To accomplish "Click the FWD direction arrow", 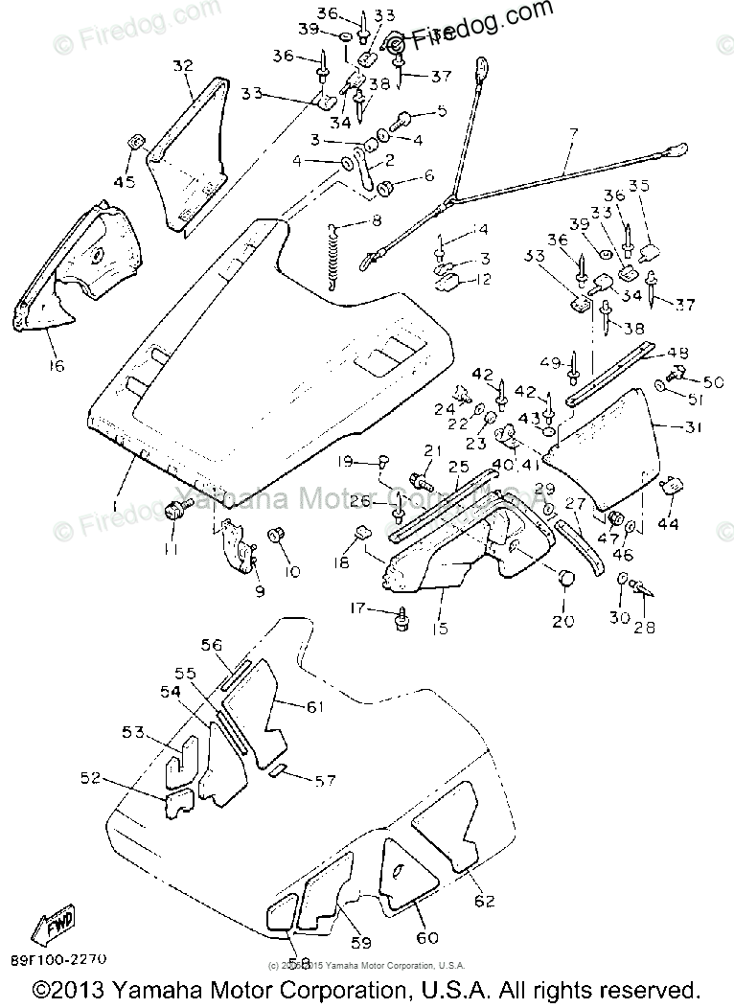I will pyautogui.click(x=58, y=924).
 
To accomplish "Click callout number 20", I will pyautogui.click(x=562, y=621).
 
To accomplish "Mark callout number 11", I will pyautogui.click(x=171, y=547).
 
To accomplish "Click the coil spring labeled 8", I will pyautogui.click(x=333, y=256).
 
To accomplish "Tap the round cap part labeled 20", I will pyautogui.click(x=563, y=579).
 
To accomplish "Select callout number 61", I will pyautogui.click(x=315, y=706).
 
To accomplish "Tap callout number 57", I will pyautogui.click(x=326, y=781).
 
